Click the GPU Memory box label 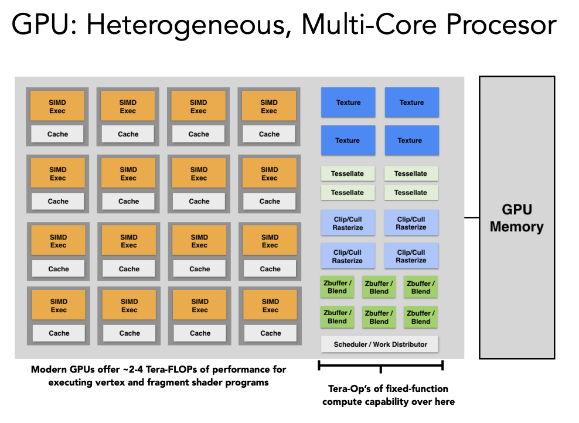516,218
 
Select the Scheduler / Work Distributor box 380,344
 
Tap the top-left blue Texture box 348,103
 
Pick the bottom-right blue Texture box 411,141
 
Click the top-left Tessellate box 348,173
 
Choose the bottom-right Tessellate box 411,192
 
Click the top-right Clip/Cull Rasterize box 411,223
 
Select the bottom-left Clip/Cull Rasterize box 348,256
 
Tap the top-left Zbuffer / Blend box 337,287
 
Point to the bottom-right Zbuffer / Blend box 421,317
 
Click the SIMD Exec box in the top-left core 57,107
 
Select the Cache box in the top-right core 269,134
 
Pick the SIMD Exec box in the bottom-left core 59,306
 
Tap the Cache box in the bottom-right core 270,333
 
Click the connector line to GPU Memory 472,217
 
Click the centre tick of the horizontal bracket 381,369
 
